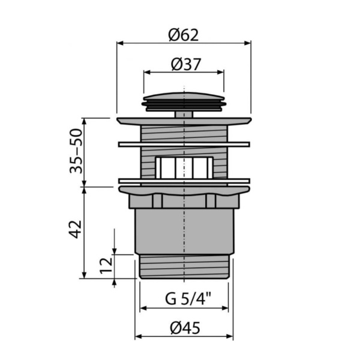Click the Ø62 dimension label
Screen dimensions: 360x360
184,35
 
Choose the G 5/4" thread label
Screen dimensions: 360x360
184,298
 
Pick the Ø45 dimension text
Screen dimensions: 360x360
184,328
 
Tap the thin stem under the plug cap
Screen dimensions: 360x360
184,113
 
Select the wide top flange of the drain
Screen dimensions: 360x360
184,121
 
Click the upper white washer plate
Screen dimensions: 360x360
184,144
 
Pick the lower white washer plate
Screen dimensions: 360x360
184,180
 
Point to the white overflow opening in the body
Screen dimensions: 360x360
184,167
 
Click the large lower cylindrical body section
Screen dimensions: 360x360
184,231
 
